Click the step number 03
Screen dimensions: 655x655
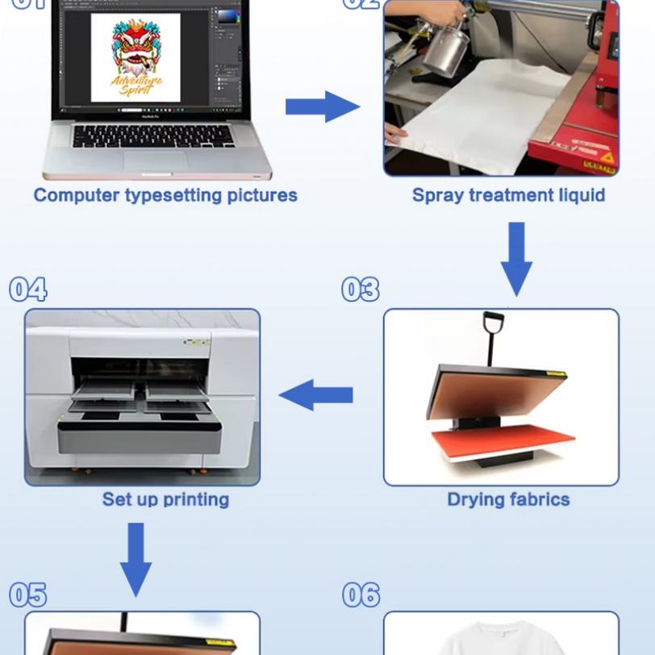coord(360,290)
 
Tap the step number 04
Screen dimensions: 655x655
coord(28,290)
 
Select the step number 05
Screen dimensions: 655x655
coord(28,595)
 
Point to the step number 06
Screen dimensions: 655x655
coord(361,595)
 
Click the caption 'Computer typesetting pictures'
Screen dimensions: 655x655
coord(165,195)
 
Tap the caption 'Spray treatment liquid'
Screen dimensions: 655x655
coord(508,195)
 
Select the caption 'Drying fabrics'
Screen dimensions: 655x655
coord(508,499)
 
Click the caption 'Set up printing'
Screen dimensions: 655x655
coord(165,499)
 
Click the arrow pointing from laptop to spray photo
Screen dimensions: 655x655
coord(322,106)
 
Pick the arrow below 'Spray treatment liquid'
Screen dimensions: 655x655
coord(516,257)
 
